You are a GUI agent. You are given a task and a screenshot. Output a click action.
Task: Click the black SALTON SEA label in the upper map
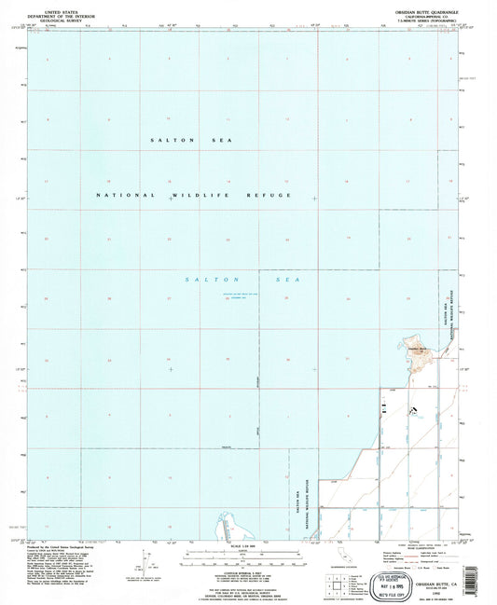pos(191,139)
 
